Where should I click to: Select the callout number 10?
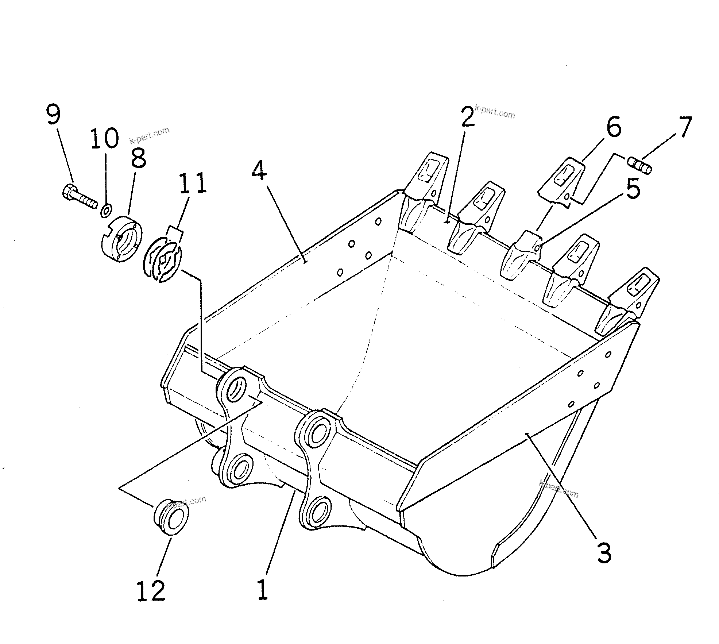pos(105,138)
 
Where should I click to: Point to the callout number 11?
pos(192,183)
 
